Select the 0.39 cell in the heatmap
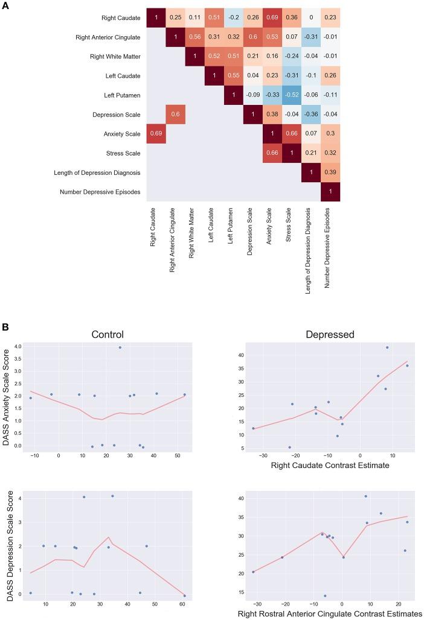coord(330,172)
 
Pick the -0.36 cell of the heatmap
coord(311,115)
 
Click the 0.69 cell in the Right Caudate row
coord(272,18)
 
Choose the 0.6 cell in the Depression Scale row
coord(176,115)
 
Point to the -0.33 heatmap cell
coord(272,95)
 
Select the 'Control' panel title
coord(108,335)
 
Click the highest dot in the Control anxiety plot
coord(120,347)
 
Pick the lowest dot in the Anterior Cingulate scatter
coord(325,596)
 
